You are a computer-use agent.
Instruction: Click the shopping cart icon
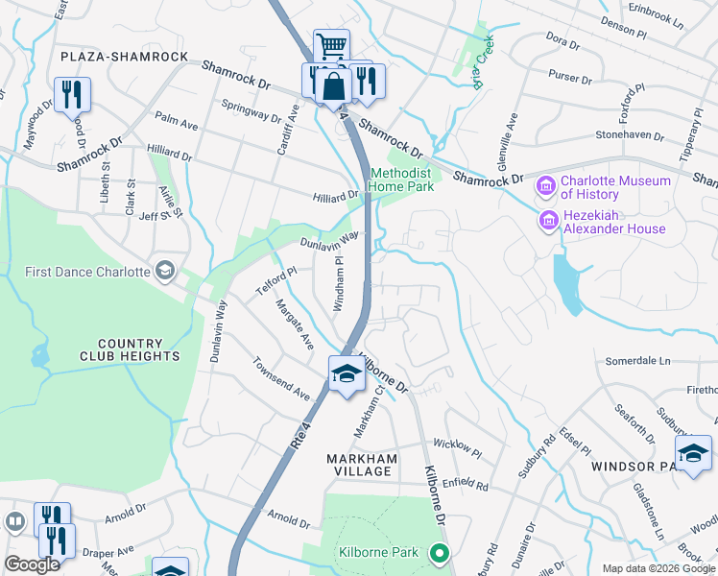coord(331,45)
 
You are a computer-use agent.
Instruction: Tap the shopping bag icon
coord(332,84)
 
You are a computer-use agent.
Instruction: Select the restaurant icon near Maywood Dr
coord(72,94)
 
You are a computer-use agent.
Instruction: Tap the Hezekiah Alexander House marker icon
coord(548,221)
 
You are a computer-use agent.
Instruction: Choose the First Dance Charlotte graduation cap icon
coord(165,271)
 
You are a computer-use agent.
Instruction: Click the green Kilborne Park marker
coord(440,552)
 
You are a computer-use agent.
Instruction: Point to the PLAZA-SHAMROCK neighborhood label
coord(124,58)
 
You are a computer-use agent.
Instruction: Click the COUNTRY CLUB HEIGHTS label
coord(137,349)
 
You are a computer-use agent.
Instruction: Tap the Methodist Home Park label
coord(402,179)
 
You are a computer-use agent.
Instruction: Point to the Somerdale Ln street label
coord(637,361)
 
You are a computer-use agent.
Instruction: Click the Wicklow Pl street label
coord(456,445)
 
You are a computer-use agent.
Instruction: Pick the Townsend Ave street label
coord(281,380)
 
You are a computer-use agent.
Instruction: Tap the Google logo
coord(33,564)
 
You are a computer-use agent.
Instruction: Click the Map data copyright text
coord(658,568)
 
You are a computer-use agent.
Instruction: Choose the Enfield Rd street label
coord(467,488)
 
